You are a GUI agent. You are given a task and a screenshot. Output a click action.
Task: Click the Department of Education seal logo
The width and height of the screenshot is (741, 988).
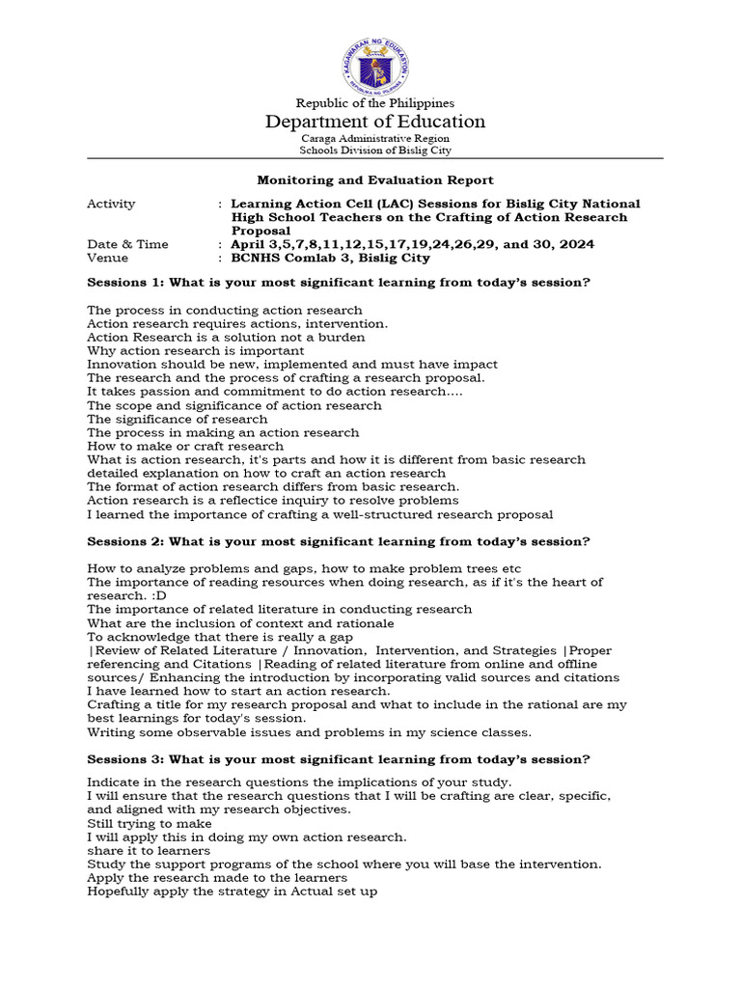coord(375,61)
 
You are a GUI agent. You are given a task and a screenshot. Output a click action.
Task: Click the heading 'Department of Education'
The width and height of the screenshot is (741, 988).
coord(375,122)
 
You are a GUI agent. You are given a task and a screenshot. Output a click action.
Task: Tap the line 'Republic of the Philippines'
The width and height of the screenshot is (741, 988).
coord(375,103)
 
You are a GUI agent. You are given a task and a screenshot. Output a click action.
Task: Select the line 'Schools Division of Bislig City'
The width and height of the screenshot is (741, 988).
coord(375,150)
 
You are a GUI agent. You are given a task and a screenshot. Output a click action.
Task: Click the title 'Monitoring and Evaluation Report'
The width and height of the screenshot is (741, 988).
coord(375,179)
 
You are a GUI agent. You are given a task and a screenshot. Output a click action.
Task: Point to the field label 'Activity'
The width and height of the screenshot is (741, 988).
coord(111,204)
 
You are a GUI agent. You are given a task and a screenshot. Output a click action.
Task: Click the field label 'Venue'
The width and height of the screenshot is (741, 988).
coord(107,258)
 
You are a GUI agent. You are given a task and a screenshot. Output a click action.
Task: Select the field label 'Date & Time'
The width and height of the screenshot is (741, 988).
coord(127,244)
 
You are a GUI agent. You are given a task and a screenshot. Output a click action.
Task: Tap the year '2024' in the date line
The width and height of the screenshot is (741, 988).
coord(575,244)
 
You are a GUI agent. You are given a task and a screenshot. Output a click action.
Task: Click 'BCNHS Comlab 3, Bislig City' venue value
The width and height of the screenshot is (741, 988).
coord(330,258)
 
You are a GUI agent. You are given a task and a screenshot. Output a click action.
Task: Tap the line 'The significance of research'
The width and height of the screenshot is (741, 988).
coord(178,419)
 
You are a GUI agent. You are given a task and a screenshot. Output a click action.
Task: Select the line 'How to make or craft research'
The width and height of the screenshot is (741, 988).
coord(185,446)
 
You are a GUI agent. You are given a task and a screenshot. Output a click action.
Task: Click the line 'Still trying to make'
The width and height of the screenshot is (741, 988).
coord(150,824)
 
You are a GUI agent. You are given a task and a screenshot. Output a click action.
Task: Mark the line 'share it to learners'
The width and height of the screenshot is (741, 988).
coord(149,851)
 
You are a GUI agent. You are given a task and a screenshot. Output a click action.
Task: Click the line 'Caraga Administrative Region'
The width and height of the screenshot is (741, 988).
coord(375,138)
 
